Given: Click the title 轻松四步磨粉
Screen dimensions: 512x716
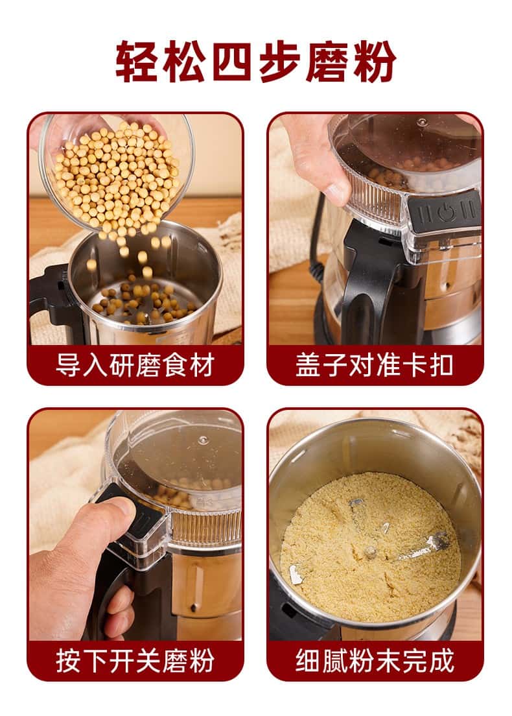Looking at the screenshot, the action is [x=256, y=62].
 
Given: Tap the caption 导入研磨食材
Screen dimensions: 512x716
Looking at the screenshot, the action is [x=135, y=365].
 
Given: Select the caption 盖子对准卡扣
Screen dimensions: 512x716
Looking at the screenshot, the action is [x=375, y=365].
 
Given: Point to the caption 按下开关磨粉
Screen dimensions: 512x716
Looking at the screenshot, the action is [x=135, y=661].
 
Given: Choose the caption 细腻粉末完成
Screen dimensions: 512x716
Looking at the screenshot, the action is [x=375, y=661].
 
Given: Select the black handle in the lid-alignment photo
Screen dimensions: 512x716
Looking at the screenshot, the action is [x=365, y=278].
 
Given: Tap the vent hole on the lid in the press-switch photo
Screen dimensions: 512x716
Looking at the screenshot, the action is [x=204, y=440].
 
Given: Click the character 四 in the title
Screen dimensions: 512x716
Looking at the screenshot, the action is [x=232, y=62].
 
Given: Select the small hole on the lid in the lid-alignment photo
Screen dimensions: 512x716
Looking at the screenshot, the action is [x=423, y=122].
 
